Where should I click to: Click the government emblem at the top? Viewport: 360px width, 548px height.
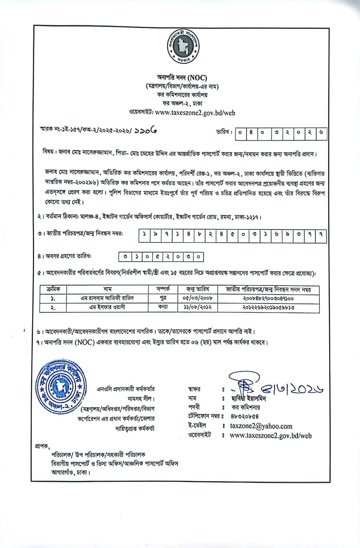[183, 47]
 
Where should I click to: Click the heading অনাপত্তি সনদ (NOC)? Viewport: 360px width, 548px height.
[182, 78]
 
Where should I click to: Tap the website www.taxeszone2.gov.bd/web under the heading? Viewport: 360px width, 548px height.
[195, 113]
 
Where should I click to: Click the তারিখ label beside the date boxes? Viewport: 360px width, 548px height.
[224, 132]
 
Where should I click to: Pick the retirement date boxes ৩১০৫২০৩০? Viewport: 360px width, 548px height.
[161, 257]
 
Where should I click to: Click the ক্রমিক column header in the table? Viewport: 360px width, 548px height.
[53, 289]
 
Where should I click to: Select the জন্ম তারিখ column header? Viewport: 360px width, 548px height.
[198, 289]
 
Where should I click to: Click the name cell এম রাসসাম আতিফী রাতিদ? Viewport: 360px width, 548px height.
[107, 298]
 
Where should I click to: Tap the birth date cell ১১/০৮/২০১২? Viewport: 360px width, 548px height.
[198, 307]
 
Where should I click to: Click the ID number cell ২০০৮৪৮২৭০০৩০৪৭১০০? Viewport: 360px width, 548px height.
[268, 298]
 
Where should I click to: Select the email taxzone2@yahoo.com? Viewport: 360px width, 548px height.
[261, 426]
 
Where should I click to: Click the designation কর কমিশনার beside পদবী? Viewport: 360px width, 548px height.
[246, 407]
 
